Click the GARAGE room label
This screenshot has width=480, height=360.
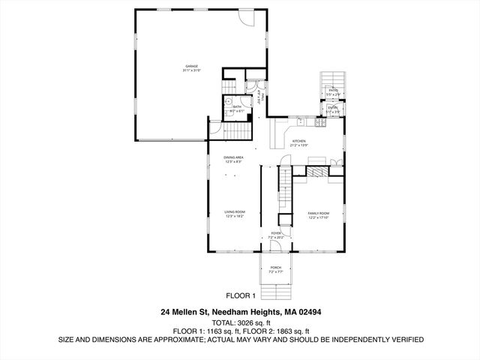[x=192, y=67]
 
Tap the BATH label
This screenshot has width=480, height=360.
[x=237, y=106]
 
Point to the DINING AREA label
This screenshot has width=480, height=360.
[x=233, y=157]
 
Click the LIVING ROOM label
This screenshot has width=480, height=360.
[x=235, y=212]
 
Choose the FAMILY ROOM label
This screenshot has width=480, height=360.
[x=319, y=214]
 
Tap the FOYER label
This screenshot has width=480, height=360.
[x=277, y=234]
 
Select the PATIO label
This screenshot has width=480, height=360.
[x=331, y=90]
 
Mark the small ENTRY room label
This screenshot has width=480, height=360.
[x=331, y=107]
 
